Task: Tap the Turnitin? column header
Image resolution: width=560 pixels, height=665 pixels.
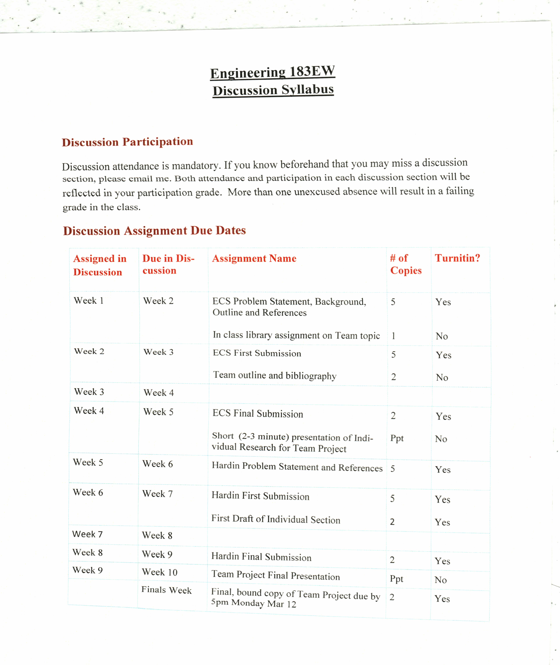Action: pyautogui.click(x=457, y=258)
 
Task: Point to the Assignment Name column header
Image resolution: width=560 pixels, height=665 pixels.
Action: pyautogui.click(x=254, y=258)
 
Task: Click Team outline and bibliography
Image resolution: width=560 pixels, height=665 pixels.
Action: pyautogui.click(x=275, y=375)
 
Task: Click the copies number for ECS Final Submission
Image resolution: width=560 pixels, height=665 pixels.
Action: pyautogui.click(x=393, y=416)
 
